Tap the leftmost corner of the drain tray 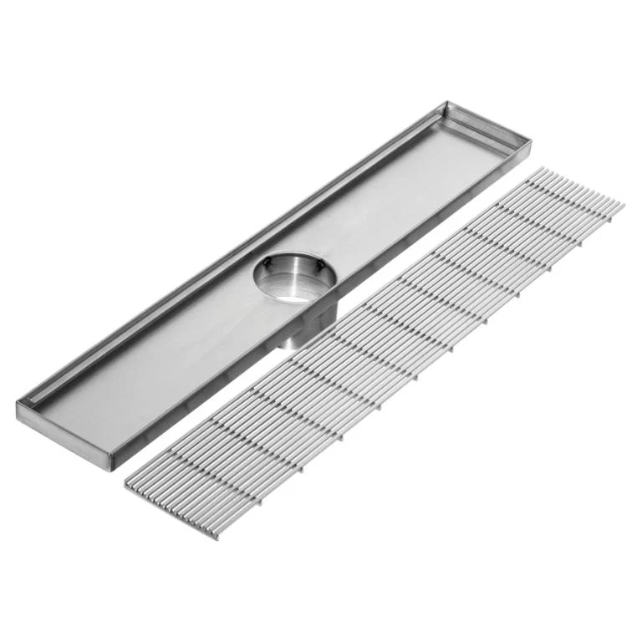point(18,407)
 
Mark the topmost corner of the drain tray point(447,103)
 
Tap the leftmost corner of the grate point(125,486)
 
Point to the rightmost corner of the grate point(623,203)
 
